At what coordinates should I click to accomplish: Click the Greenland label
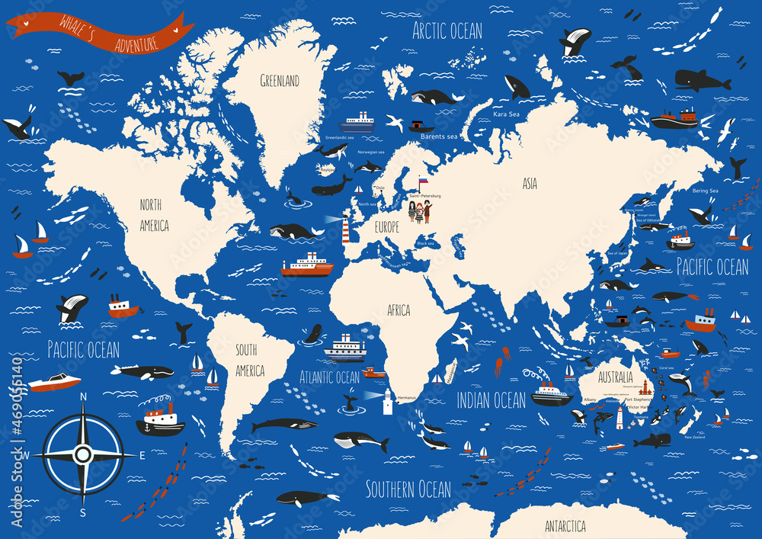[x=280, y=81]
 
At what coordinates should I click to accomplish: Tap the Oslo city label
[x=380, y=188]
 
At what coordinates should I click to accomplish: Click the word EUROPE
[x=387, y=227]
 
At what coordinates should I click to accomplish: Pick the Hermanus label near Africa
[x=407, y=398]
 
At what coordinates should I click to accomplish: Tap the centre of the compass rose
[x=83, y=455]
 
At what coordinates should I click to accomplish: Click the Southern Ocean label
[x=408, y=489]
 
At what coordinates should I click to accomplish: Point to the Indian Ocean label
[x=491, y=400]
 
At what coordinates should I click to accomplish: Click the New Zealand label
[x=698, y=437]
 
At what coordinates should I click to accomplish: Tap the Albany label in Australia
[x=590, y=399]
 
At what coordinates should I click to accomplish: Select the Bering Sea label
[x=705, y=191]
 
